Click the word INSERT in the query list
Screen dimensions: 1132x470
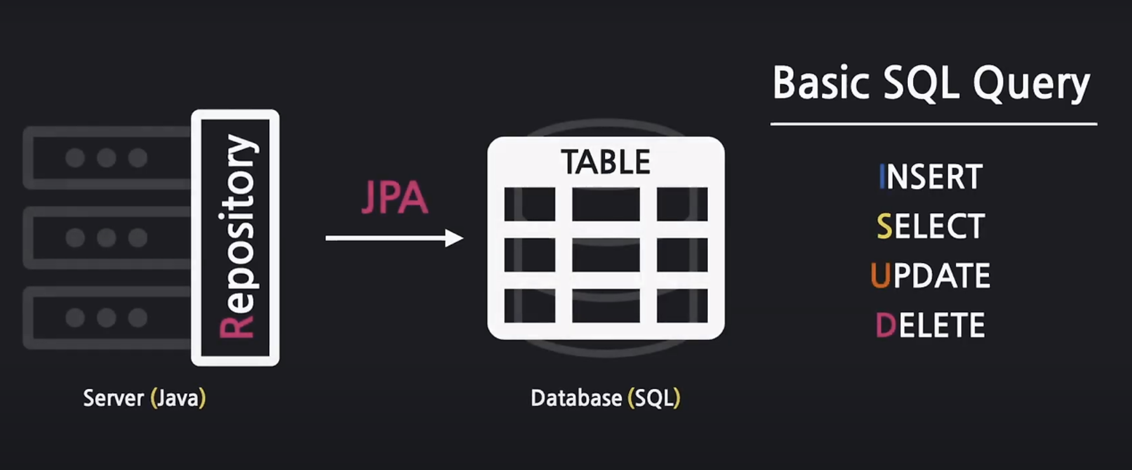click(931, 177)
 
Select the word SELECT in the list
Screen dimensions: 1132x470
click(931, 226)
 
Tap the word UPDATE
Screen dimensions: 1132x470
click(931, 276)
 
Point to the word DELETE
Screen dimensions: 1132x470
click(931, 325)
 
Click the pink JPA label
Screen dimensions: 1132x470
click(394, 199)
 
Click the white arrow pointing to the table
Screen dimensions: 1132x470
click(394, 238)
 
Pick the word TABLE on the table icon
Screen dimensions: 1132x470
click(606, 162)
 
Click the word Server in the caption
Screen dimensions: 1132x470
click(114, 398)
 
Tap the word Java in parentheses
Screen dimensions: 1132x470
click(178, 398)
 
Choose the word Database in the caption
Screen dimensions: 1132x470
click(576, 398)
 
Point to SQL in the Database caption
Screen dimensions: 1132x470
click(654, 398)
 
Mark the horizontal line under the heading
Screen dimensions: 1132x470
click(933, 124)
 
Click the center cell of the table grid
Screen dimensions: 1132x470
click(606, 255)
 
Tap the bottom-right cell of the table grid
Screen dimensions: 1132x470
click(682, 306)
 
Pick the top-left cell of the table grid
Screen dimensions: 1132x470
click(529, 204)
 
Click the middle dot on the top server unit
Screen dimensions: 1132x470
click(106, 157)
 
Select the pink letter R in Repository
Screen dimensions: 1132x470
click(236, 327)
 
